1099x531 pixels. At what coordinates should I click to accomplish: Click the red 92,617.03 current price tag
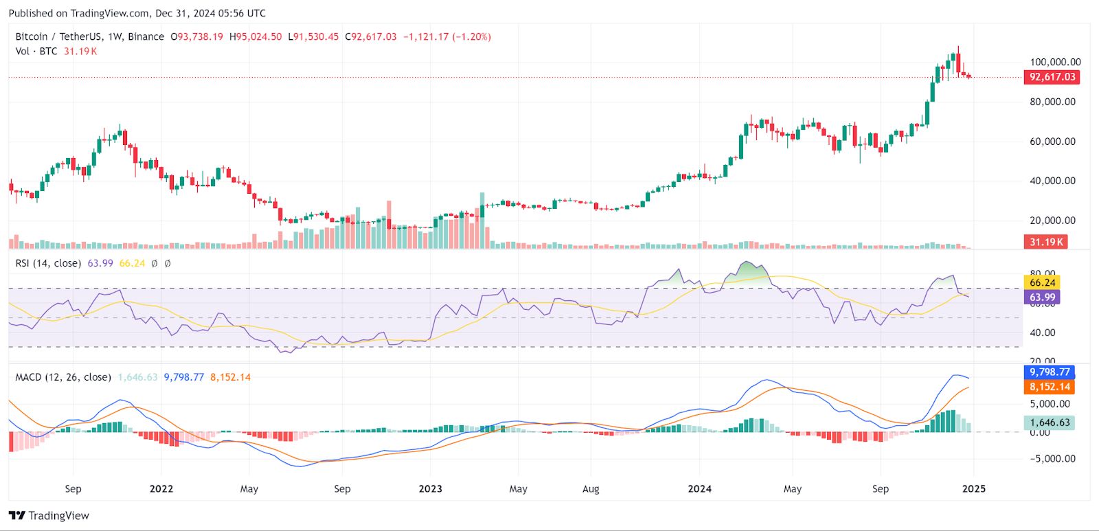click(x=1052, y=77)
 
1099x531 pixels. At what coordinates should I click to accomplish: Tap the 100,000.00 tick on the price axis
click(x=1055, y=62)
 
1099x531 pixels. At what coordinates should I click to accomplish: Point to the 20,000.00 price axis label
click(x=1052, y=221)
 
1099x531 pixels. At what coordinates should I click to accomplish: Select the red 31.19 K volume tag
click(x=1046, y=242)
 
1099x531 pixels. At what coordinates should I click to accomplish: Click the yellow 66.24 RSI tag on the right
click(x=1042, y=282)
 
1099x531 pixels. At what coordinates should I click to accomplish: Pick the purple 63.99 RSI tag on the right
click(x=1042, y=297)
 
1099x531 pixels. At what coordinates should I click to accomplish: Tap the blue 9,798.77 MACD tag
click(x=1049, y=372)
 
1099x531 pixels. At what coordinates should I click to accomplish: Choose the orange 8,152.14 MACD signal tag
click(x=1049, y=387)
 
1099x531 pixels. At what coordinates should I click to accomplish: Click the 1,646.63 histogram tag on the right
click(x=1050, y=422)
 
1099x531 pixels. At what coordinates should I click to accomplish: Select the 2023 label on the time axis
click(x=430, y=489)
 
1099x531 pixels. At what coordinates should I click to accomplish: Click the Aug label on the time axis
click(x=591, y=489)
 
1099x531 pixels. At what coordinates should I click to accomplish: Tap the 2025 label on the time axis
click(x=973, y=489)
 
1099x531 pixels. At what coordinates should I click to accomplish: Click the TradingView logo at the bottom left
click(x=49, y=516)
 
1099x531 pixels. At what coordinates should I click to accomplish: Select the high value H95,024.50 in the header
click(x=256, y=37)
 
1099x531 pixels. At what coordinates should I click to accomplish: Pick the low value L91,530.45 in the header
click(x=313, y=37)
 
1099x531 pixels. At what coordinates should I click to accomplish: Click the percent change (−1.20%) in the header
click(x=471, y=37)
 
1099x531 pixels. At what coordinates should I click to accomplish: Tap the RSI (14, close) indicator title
click(x=48, y=263)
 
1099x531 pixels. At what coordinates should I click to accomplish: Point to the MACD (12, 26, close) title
click(x=63, y=377)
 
